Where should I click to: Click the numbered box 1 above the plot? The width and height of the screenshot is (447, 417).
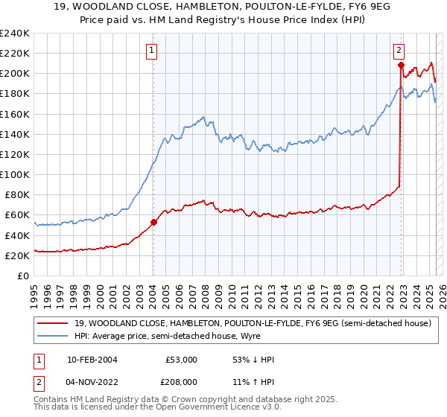151,51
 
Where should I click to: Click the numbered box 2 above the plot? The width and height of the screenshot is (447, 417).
399,51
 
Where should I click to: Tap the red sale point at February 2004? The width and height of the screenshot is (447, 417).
153,222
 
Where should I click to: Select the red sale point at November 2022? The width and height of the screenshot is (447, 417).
401,66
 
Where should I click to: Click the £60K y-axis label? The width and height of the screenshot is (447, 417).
18,215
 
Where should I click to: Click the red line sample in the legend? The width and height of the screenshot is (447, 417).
53,323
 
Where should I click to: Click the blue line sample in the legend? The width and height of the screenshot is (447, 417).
53,336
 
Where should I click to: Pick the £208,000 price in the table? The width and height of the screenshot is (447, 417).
182,382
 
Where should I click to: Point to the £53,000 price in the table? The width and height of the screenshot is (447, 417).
182,360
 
